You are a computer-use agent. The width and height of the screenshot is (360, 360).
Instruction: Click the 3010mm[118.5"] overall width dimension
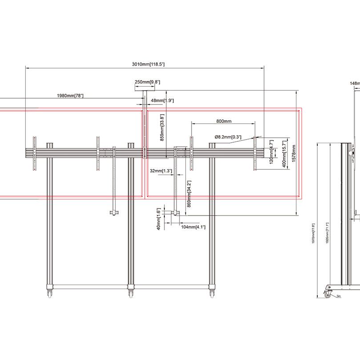point(148,64)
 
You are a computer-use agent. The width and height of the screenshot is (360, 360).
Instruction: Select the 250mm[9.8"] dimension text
point(147,82)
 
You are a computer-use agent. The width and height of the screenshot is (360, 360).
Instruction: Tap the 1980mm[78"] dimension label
point(70,96)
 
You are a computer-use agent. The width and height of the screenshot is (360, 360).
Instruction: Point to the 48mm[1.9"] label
point(162,100)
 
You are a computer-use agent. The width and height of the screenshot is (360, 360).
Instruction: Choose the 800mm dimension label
point(224,121)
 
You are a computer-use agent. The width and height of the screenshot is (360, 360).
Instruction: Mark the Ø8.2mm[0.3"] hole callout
point(228,137)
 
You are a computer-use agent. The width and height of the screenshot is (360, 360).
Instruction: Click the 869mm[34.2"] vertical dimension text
point(189,195)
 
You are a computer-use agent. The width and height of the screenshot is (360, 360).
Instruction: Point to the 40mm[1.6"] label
point(158,216)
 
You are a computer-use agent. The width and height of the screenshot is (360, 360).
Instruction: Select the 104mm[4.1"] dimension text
point(193,227)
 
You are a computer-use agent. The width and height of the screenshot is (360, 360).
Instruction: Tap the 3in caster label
point(339,296)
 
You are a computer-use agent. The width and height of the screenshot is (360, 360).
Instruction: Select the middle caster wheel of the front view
point(131,293)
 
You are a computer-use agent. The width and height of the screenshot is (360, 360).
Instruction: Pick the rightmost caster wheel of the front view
point(211,293)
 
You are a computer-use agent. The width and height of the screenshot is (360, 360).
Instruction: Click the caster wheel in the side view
point(328,292)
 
